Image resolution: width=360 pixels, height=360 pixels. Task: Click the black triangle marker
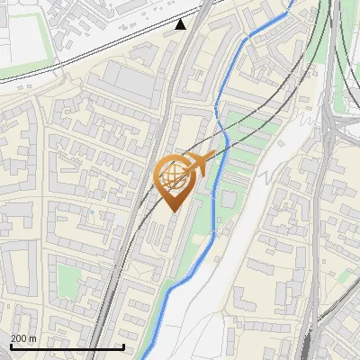tap(181, 24)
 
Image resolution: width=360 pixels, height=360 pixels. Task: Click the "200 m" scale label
tap(23, 338)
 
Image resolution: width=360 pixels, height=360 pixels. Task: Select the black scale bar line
tap(67, 346)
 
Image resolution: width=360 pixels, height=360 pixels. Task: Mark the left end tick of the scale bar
tap(10, 346)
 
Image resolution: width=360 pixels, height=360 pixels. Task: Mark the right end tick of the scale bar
tap(123, 346)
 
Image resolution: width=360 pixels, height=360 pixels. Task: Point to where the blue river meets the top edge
tap(290, 2)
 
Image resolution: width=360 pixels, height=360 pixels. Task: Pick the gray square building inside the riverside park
tap(229, 198)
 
